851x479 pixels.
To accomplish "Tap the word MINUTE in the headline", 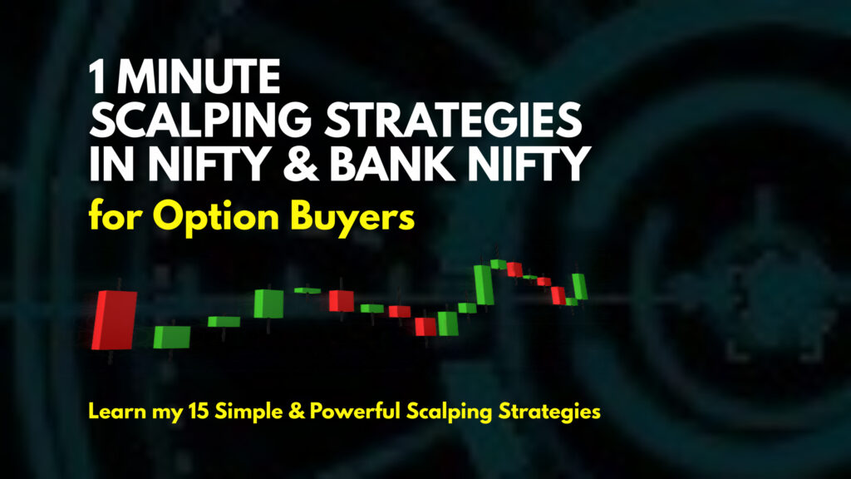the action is coord(199,77).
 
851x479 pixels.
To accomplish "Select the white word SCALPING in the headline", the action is coord(200,120).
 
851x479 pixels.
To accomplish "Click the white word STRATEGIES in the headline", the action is coord(453,120).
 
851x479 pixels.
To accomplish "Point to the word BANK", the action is coord(392,164).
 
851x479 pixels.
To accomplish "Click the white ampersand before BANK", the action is coord(301,164).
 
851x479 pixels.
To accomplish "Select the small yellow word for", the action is coord(116,215).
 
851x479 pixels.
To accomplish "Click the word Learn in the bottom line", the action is coord(117,411).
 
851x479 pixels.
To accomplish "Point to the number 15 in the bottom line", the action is coord(199,411).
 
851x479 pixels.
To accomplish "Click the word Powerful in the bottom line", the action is coord(355,411).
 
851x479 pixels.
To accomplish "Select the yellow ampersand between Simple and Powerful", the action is coord(297,411).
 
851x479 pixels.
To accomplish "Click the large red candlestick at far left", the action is coord(114,320).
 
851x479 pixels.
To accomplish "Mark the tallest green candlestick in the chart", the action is coord(483,284).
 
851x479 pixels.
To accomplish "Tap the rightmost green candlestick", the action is coord(579,286).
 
